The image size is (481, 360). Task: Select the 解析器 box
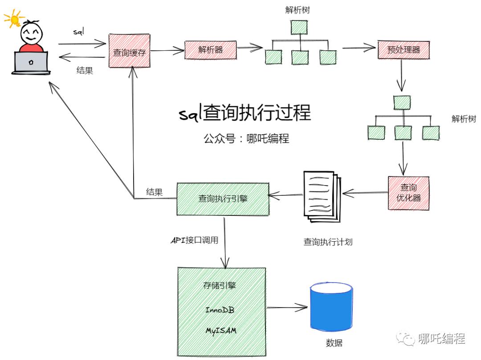(x=211, y=49)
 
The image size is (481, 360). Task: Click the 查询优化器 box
(x=408, y=193)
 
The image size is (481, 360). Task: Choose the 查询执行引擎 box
(x=223, y=198)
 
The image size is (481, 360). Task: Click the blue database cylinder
(x=331, y=307)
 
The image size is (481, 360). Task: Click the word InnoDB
(x=220, y=310)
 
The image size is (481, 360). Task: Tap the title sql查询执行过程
(x=245, y=113)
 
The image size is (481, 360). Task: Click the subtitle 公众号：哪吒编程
(x=246, y=138)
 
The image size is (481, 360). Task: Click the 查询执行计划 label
(x=328, y=242)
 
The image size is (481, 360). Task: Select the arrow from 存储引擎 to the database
(x=287, y=307)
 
